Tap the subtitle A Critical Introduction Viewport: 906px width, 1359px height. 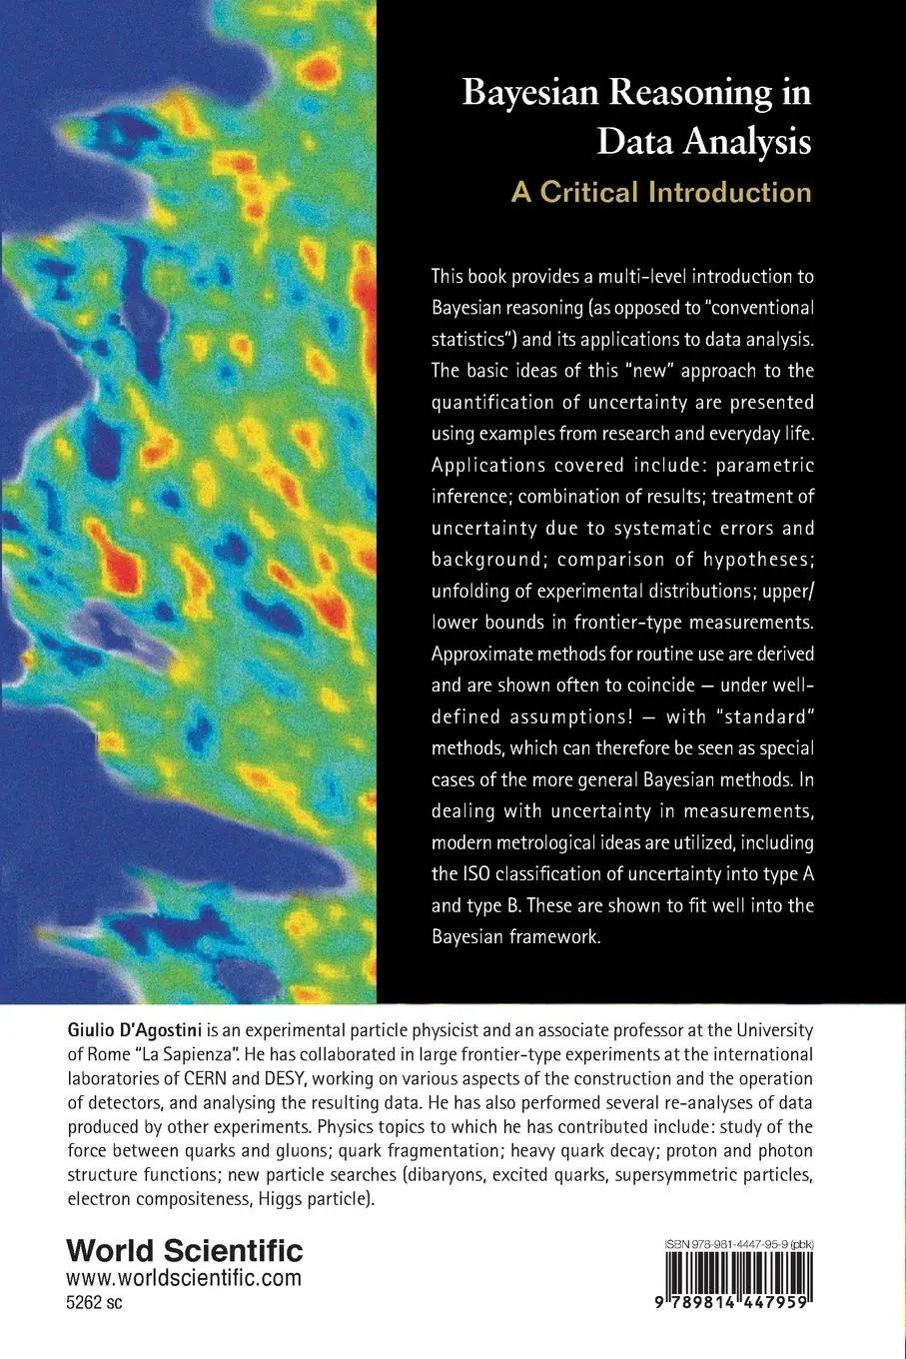661,191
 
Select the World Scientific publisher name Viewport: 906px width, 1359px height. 184,1250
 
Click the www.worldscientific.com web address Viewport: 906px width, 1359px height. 184,1278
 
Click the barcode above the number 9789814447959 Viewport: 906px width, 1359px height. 737,1286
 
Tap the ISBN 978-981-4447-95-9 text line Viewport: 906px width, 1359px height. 737,1244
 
